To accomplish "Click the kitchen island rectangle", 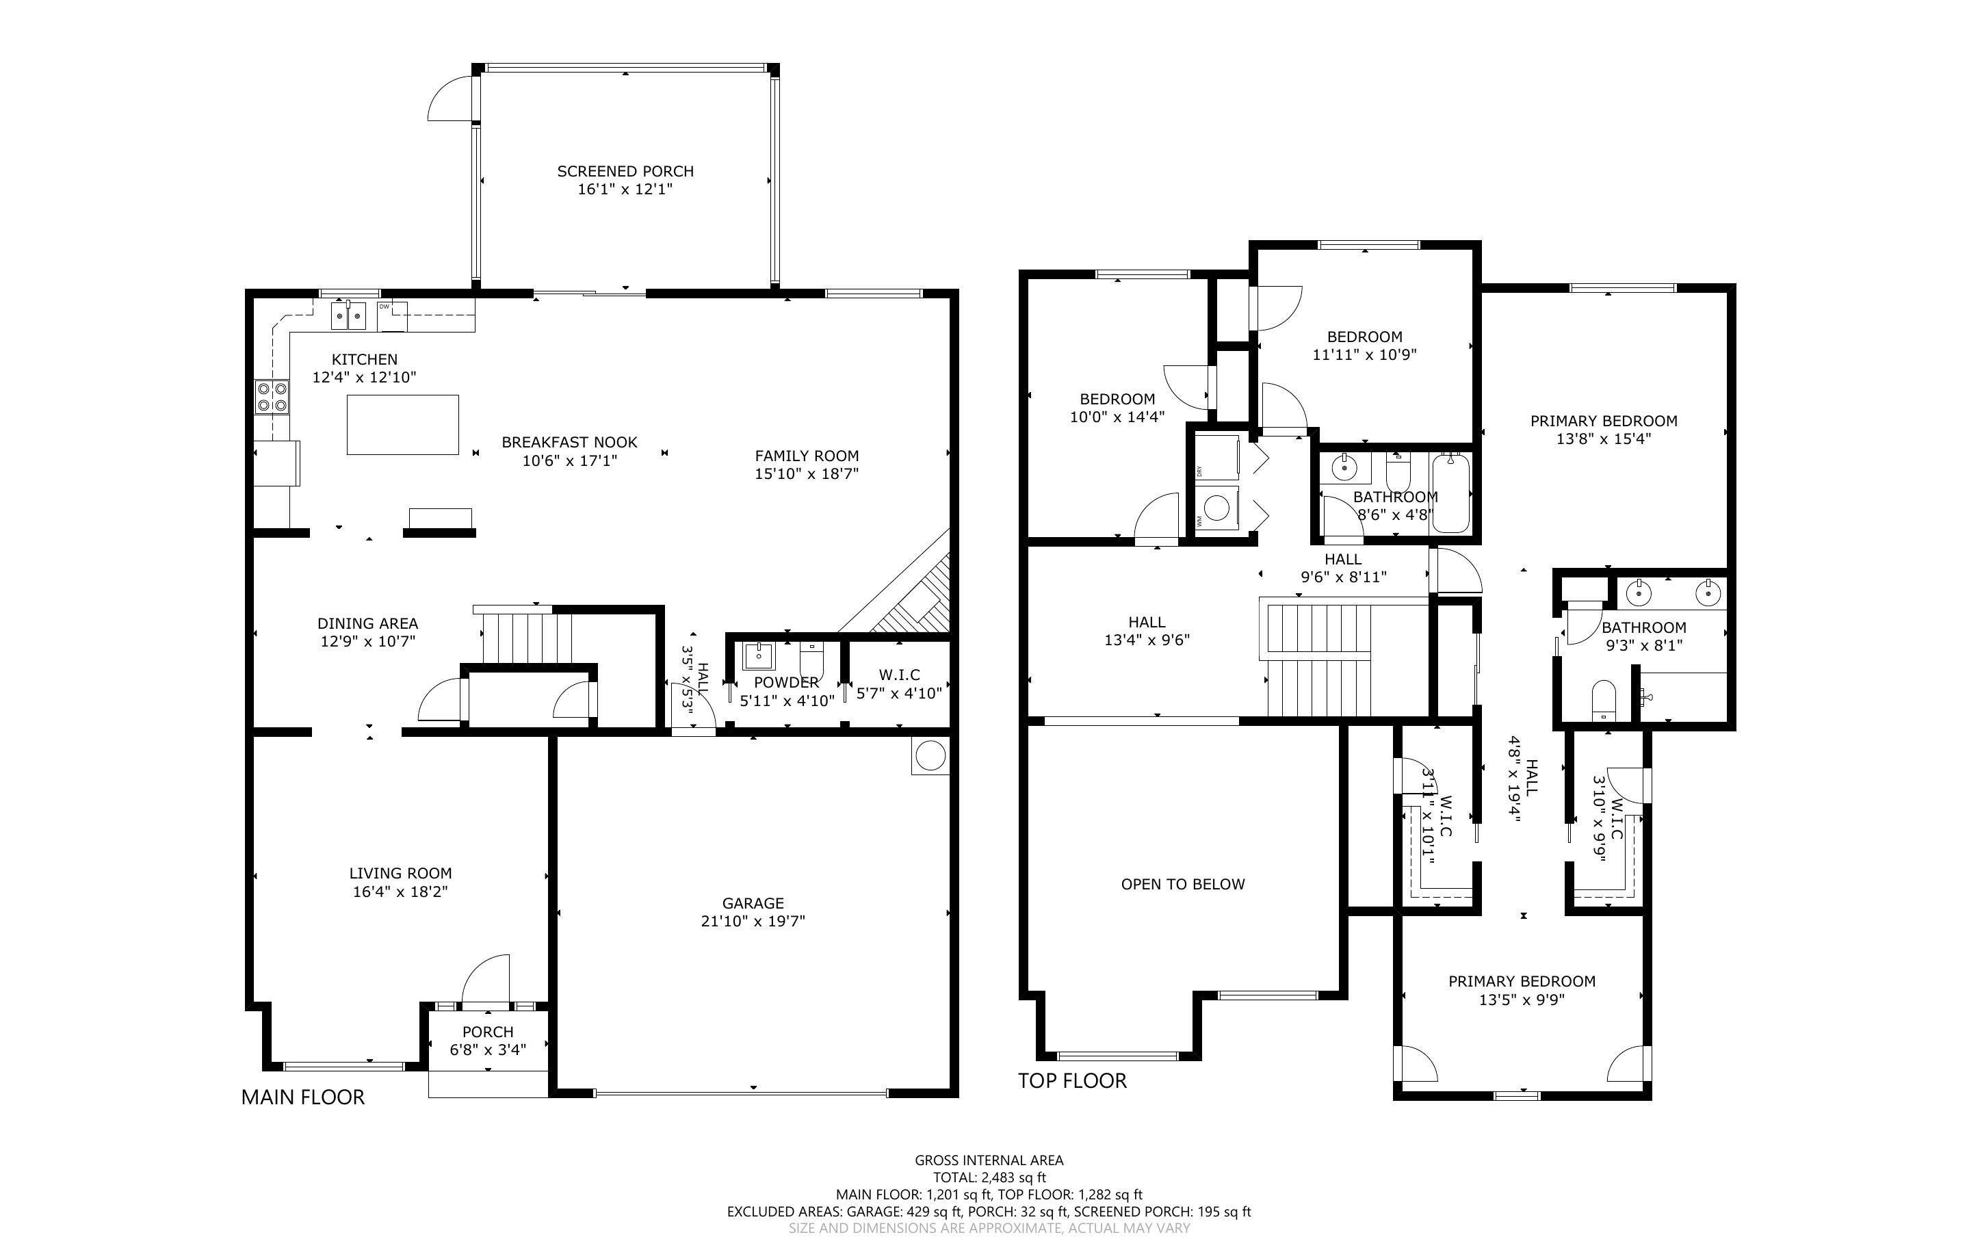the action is (x=402, y=425).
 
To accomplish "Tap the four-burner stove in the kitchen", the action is (x=272, y=397).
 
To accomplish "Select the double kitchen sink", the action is (x=348, y=315).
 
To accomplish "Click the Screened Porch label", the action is (x=625, y=171).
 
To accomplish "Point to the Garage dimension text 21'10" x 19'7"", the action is (x=753, y=921).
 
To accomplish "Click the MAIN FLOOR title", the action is (x=302, y=1097).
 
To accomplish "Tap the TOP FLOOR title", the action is (x=1072, y=1081).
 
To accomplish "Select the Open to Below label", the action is (x=1183, y=885).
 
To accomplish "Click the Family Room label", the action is (x=807, y=456).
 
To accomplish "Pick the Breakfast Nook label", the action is (x=569, y=442).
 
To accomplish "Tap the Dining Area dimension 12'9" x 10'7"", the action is (x=368, y=641).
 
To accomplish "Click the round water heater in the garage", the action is (x=930, y=755).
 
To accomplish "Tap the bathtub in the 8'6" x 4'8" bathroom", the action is (x=1451, y=494).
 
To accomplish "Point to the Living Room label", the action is (x=401, y=873).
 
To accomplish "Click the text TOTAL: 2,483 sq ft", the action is (x=989, y=1177).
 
